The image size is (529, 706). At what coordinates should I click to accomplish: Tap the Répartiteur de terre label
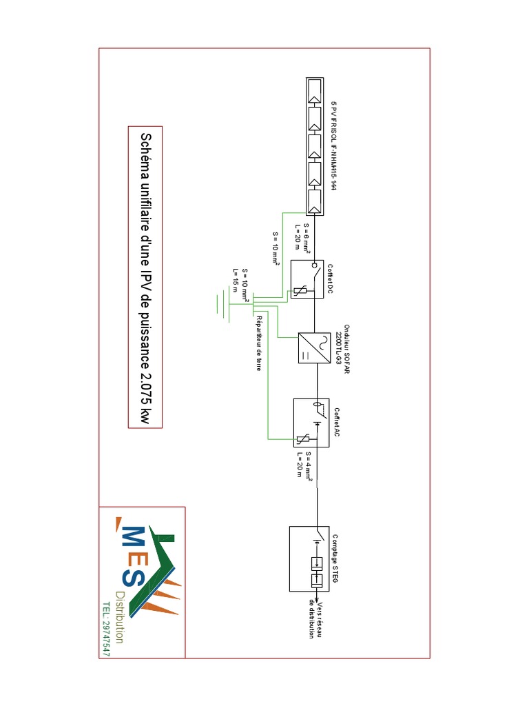point(259,343)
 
